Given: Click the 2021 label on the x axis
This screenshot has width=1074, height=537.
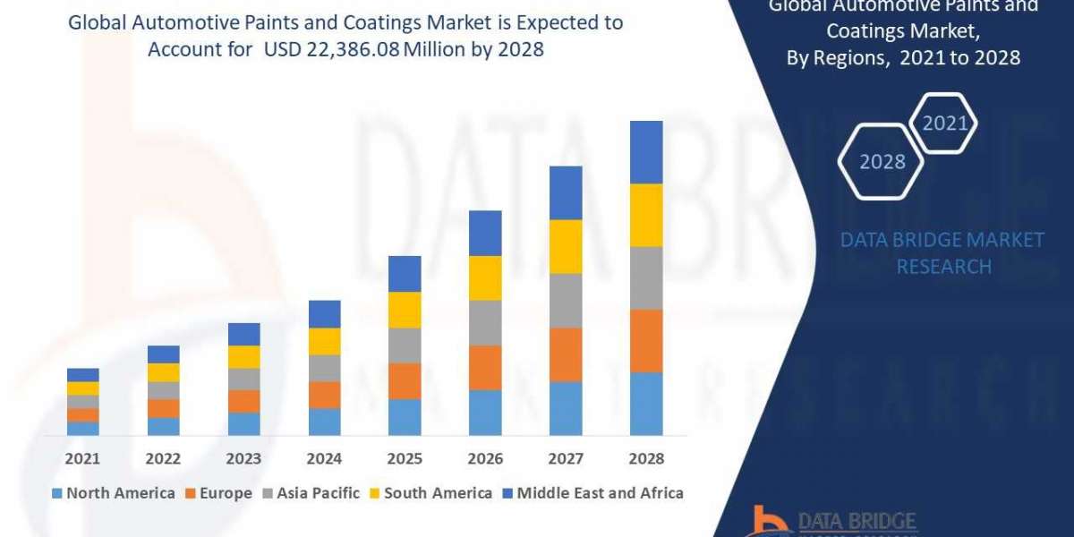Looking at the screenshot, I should tap(82, 458).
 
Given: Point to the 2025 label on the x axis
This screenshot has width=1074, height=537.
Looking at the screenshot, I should tap(405, 458).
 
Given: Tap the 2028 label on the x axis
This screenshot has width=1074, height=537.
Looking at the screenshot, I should tap(646, 458).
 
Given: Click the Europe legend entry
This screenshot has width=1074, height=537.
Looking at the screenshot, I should tap(219, 493).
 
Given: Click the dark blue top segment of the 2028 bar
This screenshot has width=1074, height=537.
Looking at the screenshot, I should tap(646, 152).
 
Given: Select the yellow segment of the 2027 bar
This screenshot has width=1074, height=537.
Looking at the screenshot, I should tap(566, 246).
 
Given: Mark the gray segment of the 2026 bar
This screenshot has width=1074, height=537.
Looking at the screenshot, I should tap(485, 322).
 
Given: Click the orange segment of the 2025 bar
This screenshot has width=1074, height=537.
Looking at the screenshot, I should tap(405, 380).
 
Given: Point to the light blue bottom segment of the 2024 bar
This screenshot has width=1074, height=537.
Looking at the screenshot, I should tap(324, 422).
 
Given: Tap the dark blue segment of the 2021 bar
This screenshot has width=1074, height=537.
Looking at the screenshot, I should tap(82, 374).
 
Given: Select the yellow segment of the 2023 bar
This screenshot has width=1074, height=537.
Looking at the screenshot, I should tap(243, 356).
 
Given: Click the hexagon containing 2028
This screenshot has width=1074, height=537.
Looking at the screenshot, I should tap(882, 162).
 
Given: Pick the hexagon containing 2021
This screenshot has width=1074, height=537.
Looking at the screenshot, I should tap(945, 123).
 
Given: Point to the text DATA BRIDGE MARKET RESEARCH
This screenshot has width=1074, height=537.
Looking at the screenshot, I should tap(943, 253).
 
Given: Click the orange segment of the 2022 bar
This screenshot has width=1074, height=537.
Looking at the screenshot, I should tap(163, 408).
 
